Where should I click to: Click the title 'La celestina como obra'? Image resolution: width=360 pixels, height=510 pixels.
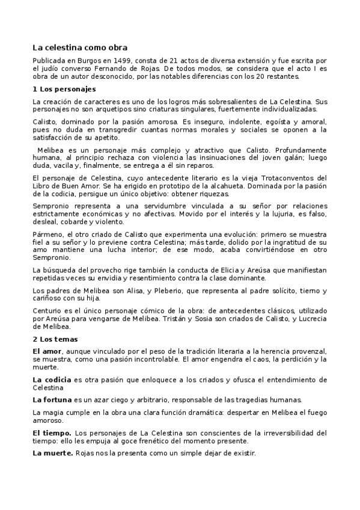pos(79,47)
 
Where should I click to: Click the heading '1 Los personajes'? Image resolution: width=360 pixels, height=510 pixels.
pos(64,89)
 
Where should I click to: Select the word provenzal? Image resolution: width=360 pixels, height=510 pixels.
pos(307,351)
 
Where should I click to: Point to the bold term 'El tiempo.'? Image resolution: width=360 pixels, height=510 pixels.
pos(52,432)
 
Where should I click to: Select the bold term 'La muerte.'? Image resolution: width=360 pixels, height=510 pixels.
pos(52,453)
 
